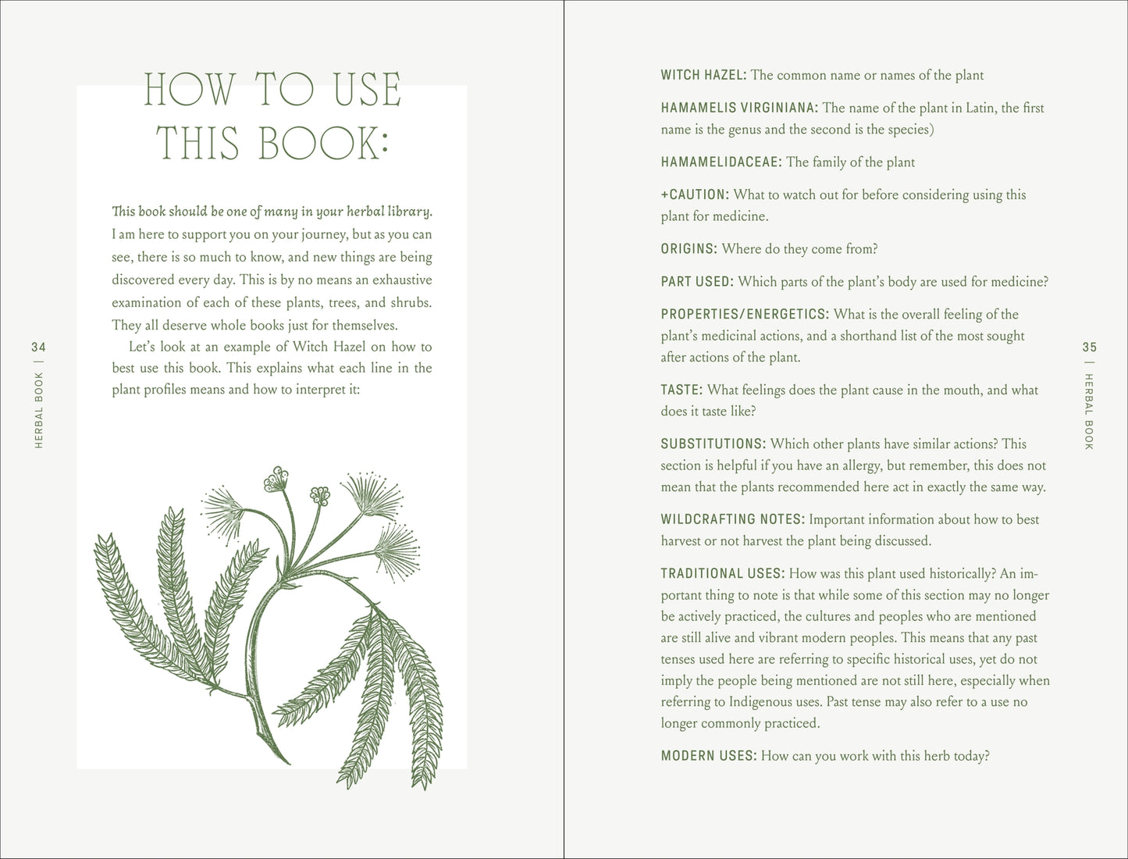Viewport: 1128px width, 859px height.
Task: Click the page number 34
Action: coord(39,348)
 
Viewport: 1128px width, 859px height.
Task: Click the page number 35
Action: coord(1090,348)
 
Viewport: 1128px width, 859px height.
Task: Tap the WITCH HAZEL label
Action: coord(703,76)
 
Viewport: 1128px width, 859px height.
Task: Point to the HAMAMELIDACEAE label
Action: coord(721,162)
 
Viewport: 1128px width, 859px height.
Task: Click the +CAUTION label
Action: coord(695,195)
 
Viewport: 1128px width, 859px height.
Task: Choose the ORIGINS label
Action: coord(689,249)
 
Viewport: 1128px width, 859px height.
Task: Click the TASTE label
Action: coord(681,390)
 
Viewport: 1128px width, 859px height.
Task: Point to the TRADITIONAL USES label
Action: coord(723,574)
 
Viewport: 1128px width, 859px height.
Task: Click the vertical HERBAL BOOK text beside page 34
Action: coord(39,410)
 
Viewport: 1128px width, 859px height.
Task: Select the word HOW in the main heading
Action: coord(190,90)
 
